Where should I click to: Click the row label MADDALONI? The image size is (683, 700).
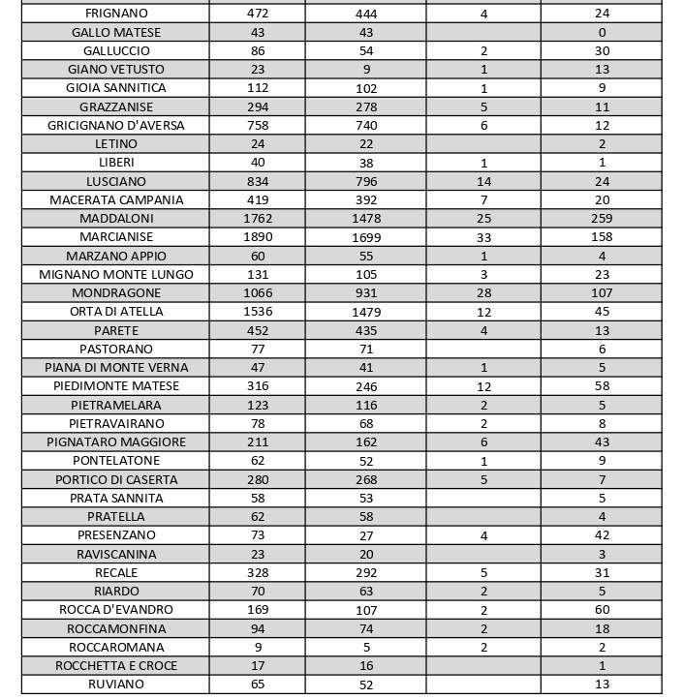pyautogui.click(x=116, y=219)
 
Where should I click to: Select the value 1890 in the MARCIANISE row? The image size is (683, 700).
pyautogui.click(x=257, y=237)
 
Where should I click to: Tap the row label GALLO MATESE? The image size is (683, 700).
pyautogui.click(x=116, y=32)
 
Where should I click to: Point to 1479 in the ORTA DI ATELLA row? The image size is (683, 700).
pyautogui.click(x=366, y=312)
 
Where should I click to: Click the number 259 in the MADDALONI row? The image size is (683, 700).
pyautogui.click(x=602, y=219)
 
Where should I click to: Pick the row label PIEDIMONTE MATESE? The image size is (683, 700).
pyautogui.click(x=116, y=386)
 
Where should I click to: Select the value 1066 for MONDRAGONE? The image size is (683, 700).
pyautogui.click(x=257, y=293)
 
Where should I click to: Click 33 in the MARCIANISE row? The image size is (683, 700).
pyautogui.click(x=483, y=237)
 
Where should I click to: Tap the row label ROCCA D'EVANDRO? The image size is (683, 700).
pyautogui.click(x=116, y=610)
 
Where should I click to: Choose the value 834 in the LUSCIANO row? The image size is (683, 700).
pyautogui.click(x=257, y=181)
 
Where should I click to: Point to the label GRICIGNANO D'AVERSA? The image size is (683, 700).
pyautogui.click(x=116, y=125)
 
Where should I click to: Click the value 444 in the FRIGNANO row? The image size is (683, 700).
pyautogui.click(x=366, y=14)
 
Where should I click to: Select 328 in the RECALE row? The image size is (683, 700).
pyautogui.click(x=257, y=572)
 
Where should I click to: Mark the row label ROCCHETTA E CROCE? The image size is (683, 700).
pyautogui.click(x=116, y=666)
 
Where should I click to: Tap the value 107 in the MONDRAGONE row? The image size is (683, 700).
pyautogui.click(x=602, y=293)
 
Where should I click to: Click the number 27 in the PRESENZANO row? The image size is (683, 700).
pyautogui.click(x=366, y=535)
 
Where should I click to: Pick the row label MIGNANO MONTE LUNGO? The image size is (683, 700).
pyautogui.click(x=116, y=274)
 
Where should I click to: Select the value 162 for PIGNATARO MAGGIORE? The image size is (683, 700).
pyautogui.click(x=366, y=442)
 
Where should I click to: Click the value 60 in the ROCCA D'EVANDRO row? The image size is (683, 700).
pyautogui.click(x=602, y=610)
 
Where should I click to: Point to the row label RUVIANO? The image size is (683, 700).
pyautogui.click(x=116, y=685)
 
